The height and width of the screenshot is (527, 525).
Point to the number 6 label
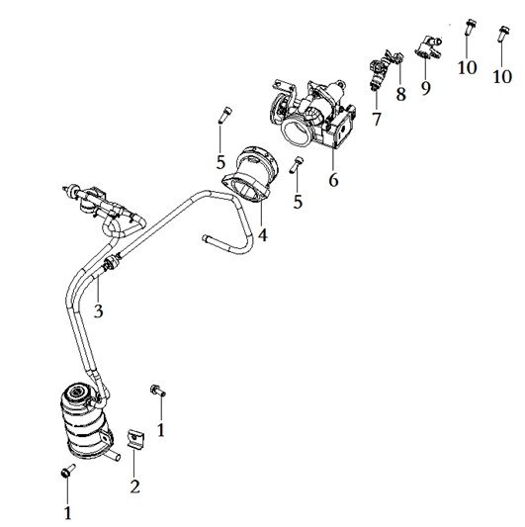tap(332, 180)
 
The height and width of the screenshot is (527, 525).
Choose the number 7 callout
tap(377, 120)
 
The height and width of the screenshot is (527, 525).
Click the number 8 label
tap(400, 95)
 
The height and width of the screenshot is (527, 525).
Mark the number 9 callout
tap(426, 87)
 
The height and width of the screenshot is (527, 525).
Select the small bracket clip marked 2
tap(134, 439)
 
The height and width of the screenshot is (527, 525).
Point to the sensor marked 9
tap(426, 47)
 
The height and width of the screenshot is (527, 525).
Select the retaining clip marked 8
tap(399, 61)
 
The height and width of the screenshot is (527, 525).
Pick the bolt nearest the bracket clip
tap(156, 393)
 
